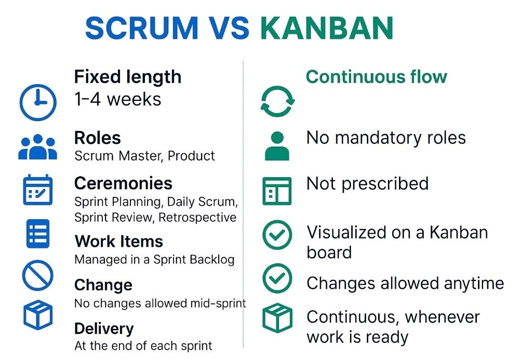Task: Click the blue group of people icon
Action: coord(38,147)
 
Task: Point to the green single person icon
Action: coord(277,146)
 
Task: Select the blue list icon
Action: coord(38,234)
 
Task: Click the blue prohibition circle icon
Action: coord(38,276)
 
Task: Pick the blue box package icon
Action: coord(38,315)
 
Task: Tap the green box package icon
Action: coord(277,317)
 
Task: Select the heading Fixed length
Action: coord(128,77)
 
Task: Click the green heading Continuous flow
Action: coord(376,77)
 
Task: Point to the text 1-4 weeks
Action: coord(118,99)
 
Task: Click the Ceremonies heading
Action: coord(123,183)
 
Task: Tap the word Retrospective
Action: coord(197,218)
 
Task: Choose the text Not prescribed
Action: coord(367,184)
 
